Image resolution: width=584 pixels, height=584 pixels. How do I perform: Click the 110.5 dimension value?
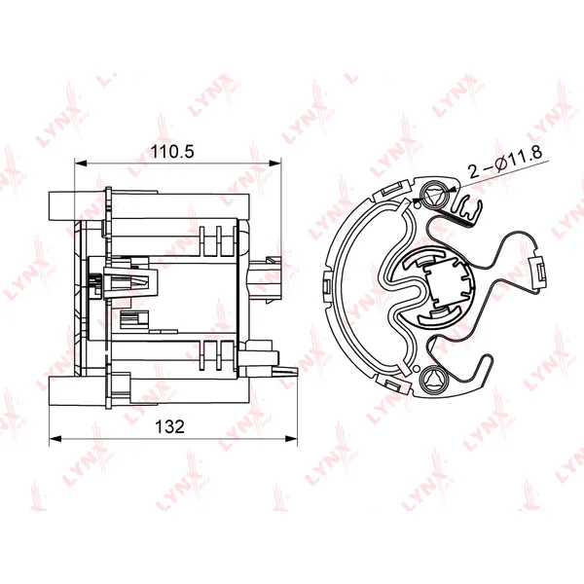point(172,152)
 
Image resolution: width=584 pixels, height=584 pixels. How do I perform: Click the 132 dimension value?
point(169,426)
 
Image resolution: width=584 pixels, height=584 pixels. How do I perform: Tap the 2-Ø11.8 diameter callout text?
point(504,163)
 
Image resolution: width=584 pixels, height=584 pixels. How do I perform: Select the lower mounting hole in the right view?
point(434,379)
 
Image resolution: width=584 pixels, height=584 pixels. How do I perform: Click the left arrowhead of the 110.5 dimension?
point(81,163)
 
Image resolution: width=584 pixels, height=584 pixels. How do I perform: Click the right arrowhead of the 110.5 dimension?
point(274,163)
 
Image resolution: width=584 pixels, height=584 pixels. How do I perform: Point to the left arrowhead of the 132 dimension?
point(55,439)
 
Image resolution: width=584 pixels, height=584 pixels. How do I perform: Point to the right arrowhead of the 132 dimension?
point(291,439)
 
